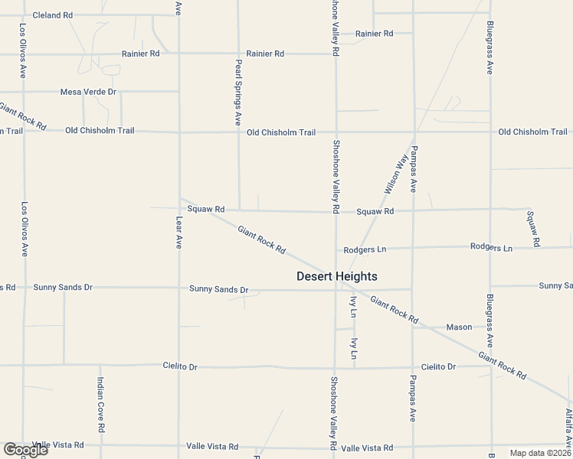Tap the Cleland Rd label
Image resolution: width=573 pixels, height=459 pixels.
tap(51, 15)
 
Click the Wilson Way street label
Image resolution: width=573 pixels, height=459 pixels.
tap(393, 174)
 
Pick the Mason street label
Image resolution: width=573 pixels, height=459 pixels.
tap(459, 327)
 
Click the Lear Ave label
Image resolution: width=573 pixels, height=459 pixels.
tap(179, 231)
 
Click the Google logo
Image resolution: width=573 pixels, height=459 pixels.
tap(25, 450)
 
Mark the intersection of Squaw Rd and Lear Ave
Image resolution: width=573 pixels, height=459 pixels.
tap(179, 208)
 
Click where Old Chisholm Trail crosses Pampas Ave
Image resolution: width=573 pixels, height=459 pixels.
tap(413, 132)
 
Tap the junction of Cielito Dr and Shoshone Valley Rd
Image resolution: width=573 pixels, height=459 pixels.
tap(334, 366)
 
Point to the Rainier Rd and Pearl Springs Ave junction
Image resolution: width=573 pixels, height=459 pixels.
tap(238, 54)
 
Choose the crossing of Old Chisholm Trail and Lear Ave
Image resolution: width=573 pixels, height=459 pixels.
tap(179, 132)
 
